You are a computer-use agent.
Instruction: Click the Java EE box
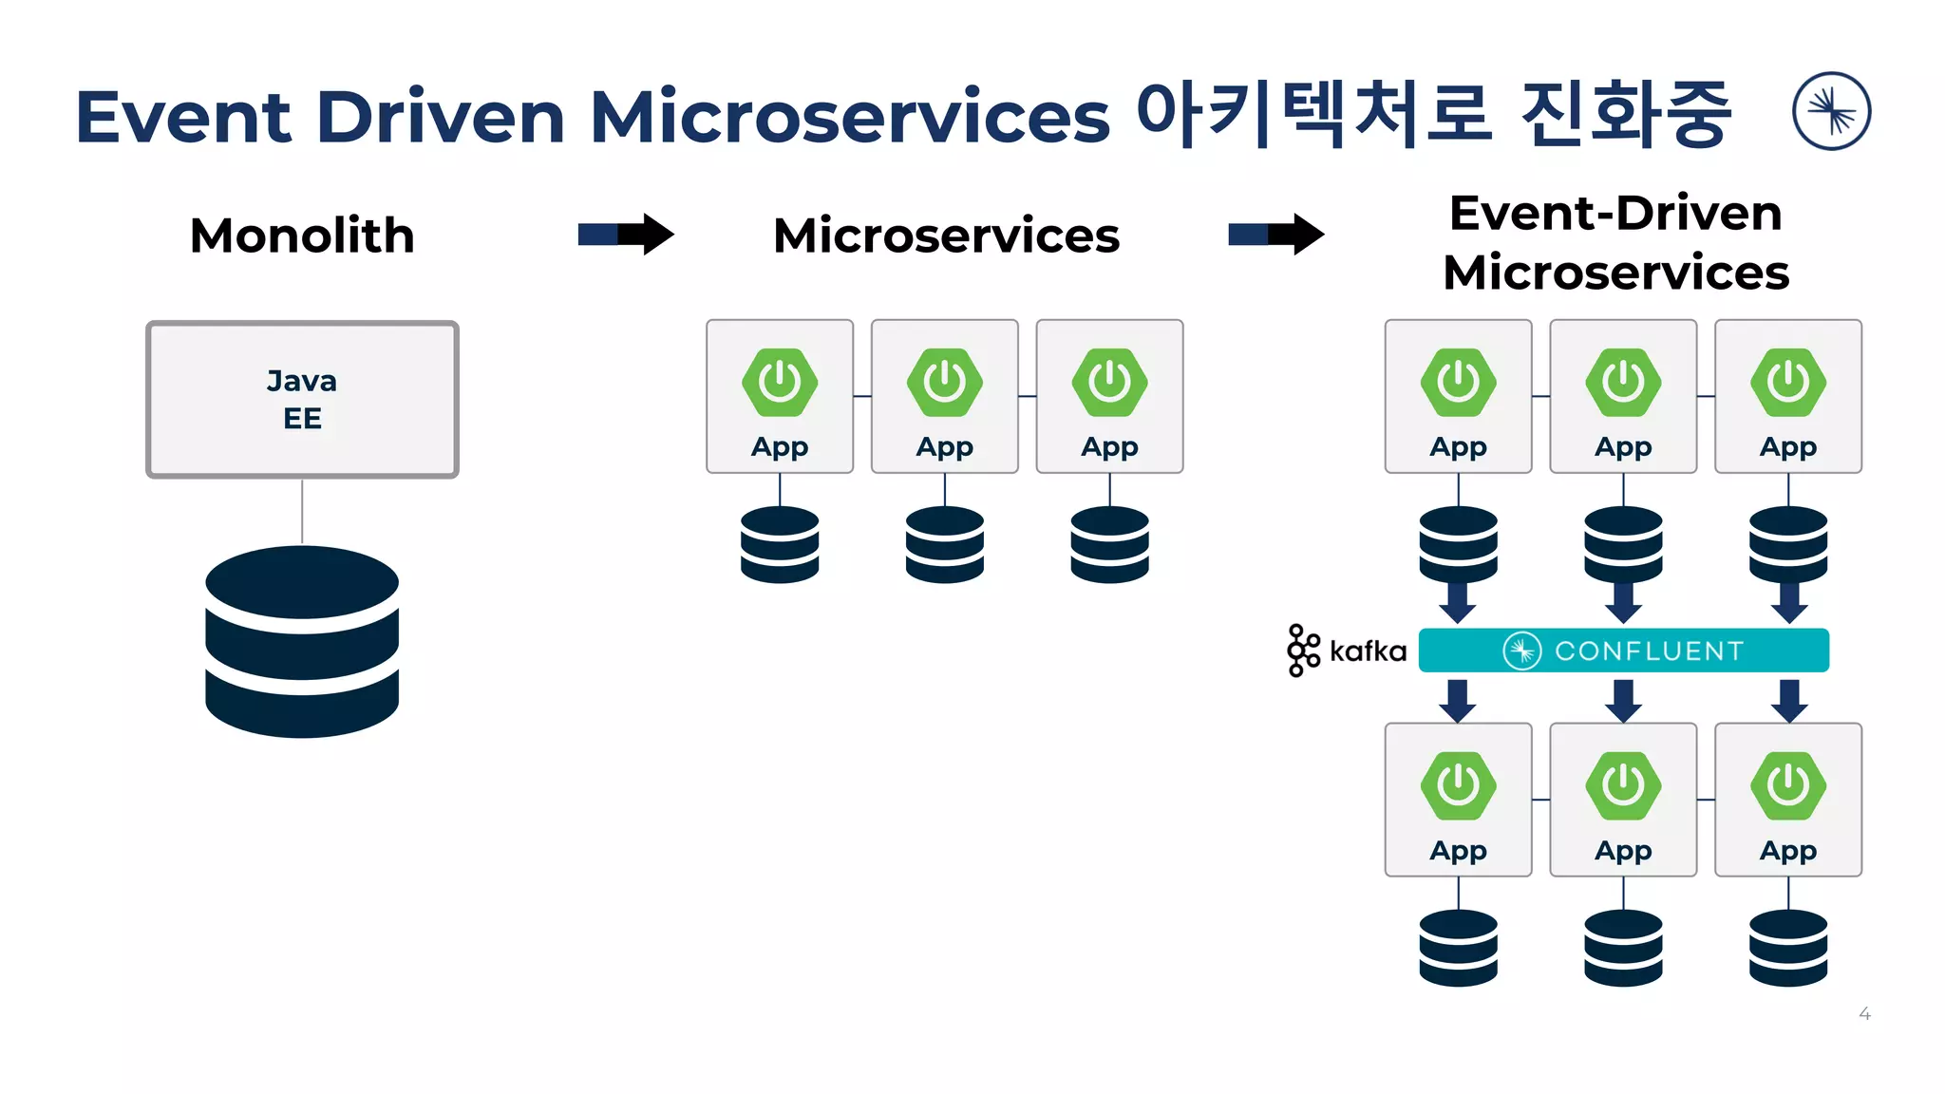(x=302, y=399)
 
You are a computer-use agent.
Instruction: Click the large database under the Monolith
(x=302, y=642)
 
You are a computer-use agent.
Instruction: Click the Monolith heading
(x=302, y=236)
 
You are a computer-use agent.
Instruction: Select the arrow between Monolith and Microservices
(x=626, y=234)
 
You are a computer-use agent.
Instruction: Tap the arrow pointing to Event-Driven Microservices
(x=1275, y=234)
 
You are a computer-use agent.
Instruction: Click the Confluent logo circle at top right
(x=1831, y=111)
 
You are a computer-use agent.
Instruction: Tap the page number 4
(x=1864, y=1014)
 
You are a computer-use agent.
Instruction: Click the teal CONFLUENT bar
(x=1623, y=651)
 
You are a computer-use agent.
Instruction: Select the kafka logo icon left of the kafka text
(x=1303, y=651)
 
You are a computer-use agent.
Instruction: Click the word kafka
(x=1368, y=651)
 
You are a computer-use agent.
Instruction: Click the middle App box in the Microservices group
(x=944, y=396)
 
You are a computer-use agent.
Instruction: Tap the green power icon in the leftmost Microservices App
(x=780, y=382)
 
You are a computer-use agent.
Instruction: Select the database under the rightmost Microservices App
(x=1109, y=544)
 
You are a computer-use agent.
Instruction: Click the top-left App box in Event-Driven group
(x=1458, y=396)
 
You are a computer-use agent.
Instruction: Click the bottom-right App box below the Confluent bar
(x=1787, y=800)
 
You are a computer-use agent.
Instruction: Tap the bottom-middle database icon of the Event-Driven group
(x=1623, y=948)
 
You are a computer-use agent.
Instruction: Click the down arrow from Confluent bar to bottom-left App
(x=1458, y=700)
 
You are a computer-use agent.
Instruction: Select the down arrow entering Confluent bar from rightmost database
(x=1788, y=603)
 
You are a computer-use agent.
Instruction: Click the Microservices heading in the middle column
(x=946, y=236)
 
